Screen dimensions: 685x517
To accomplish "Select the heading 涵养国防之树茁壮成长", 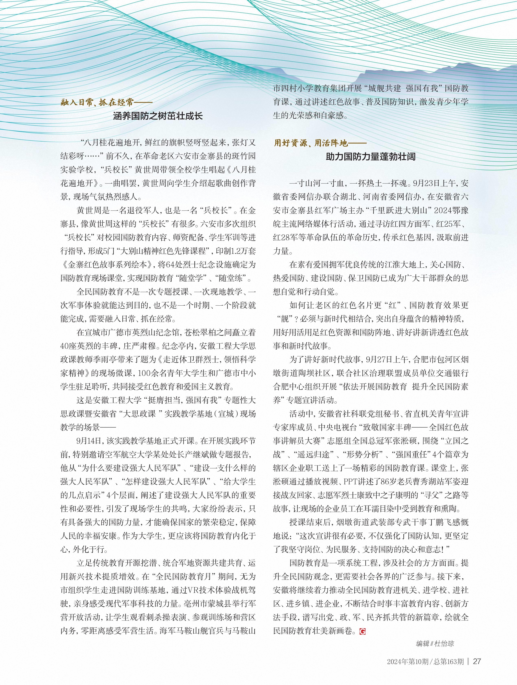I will (158, 116).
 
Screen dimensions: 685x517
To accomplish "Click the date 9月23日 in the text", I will (424, 183).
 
